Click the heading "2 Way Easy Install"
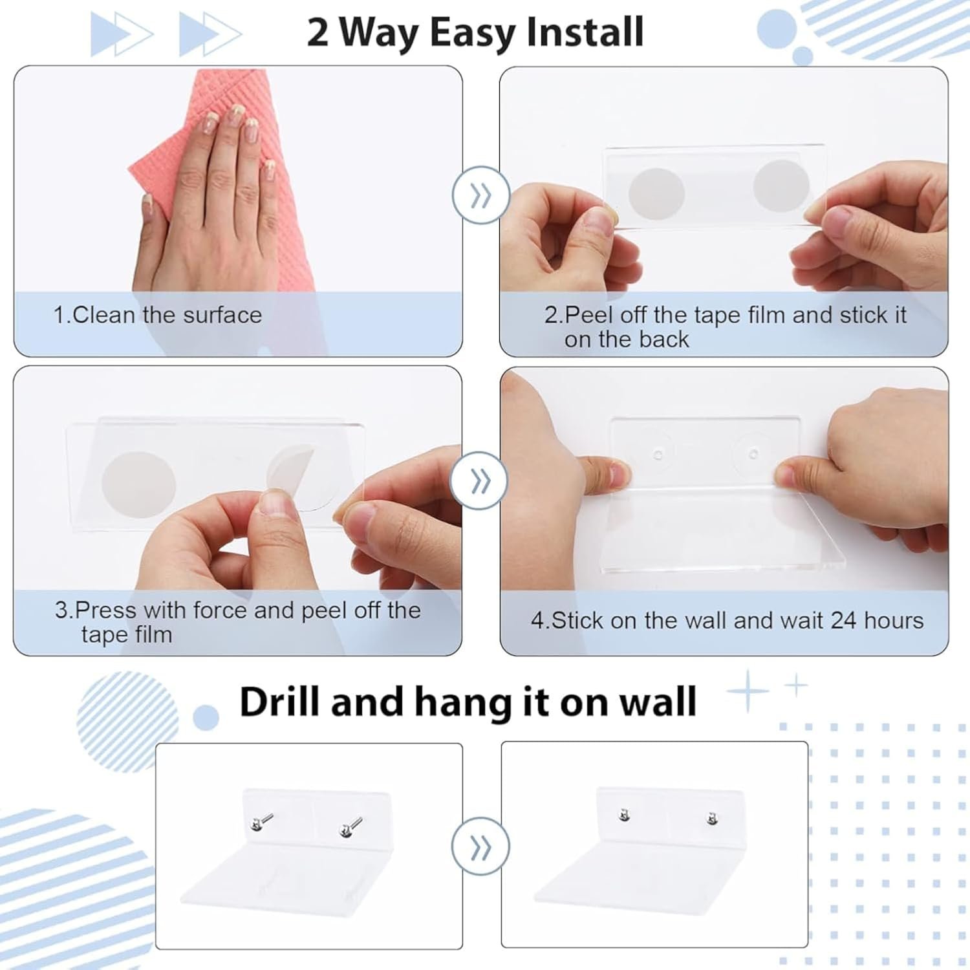475,32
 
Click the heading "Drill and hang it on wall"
468,703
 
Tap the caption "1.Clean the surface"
157,315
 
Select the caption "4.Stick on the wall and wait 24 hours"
727,621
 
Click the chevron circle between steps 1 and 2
480,195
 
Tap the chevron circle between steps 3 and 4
480,481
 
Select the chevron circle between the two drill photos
480,846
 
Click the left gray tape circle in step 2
656,194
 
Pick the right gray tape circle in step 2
781,185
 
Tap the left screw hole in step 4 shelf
658,455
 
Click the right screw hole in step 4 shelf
753,454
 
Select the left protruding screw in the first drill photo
261,823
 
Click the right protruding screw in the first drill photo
350,828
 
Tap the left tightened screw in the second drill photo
624,815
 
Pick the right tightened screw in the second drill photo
713,819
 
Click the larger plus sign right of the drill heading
748,691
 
